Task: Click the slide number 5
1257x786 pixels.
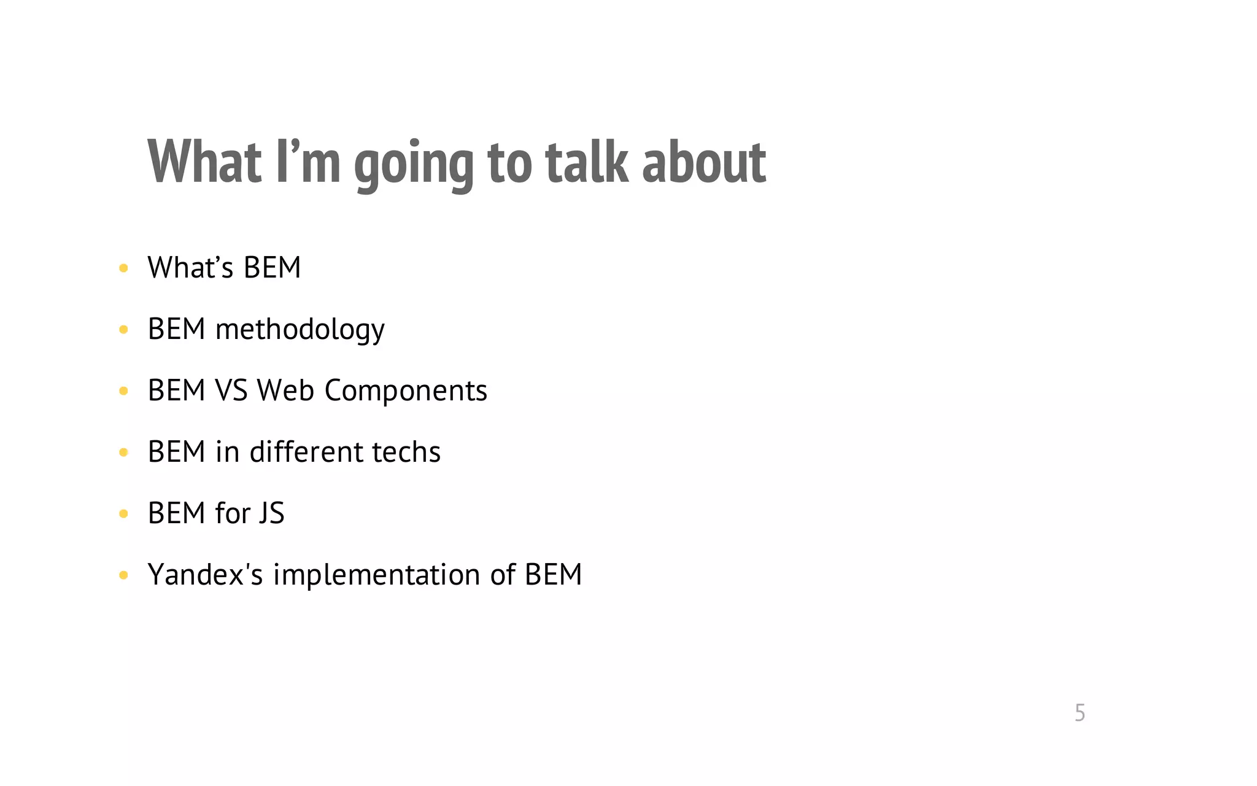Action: (x=1080, y=713)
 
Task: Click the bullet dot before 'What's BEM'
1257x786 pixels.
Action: (x=123, y=268)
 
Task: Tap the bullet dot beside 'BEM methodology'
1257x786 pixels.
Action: (x=123, y=330)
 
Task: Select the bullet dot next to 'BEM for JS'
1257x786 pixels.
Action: (x=123, y=514)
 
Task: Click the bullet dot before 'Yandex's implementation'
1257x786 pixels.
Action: (x=123, y=575)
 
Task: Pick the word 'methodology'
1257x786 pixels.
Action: (x=300, y=330)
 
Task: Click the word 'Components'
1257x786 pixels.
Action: (x=405, y=391)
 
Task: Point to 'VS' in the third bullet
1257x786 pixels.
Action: (x=231, y=391)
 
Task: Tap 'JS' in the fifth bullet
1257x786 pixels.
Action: (x=271, y=513)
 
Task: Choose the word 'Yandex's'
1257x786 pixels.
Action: (x=205, y=575)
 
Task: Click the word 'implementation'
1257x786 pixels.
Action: (x=376, y=575)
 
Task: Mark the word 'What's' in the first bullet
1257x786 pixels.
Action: (x=190, y=268)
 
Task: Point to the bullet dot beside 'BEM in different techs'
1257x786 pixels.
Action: (x=123, y=453)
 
